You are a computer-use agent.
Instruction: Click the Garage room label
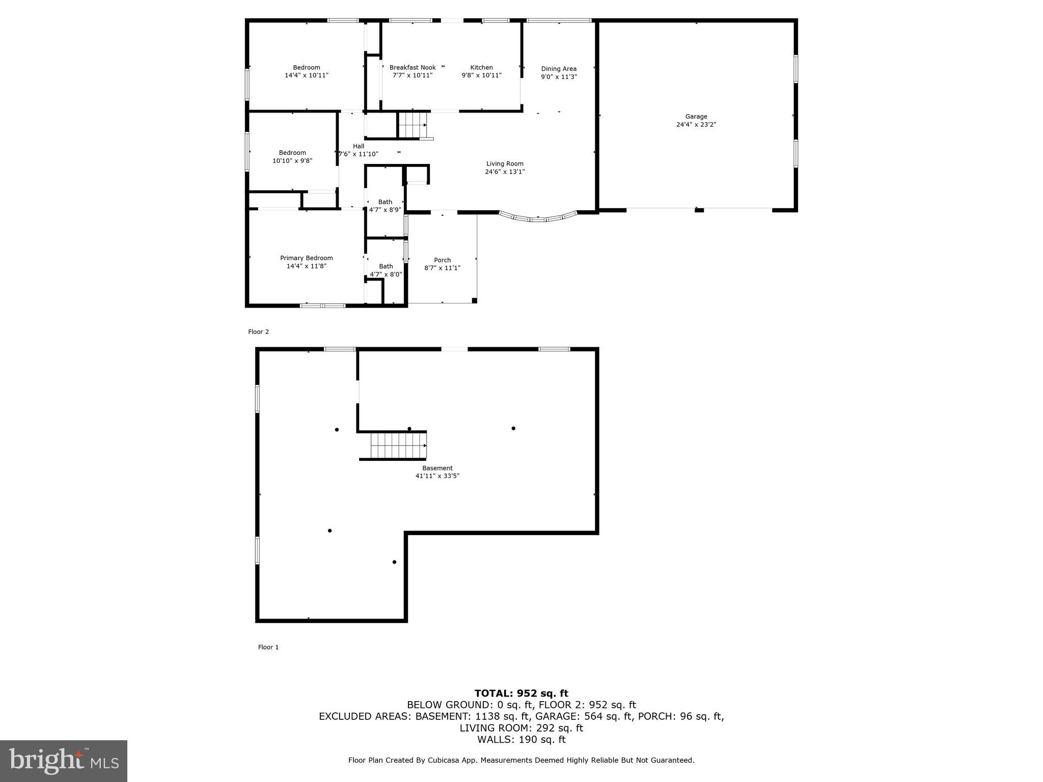coord(696,117)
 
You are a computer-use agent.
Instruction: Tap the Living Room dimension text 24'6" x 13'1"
coord(504,172)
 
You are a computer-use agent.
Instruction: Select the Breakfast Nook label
coord(412,68)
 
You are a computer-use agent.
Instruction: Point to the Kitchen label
coord(481,68)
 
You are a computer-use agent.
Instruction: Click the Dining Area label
coord(559,69)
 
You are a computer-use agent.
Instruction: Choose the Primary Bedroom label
coord(306,258)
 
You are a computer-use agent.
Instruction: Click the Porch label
coord(442,260)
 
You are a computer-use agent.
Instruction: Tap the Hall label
coord(359,146)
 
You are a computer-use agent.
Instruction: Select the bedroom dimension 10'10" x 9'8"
coord(292,161)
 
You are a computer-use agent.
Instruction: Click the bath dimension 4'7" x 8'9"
coord(385,210)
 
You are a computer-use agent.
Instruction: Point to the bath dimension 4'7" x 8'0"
coord(386,274)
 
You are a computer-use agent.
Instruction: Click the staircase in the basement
coord(398,445)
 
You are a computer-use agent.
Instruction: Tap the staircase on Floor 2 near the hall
coord(411,125)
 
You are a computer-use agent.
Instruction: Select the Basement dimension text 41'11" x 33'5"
coord(437,476)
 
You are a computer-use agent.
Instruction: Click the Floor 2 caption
coord(258,332)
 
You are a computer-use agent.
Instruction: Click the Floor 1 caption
coord(268,647)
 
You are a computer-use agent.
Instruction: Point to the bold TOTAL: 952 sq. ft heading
coord(521,693)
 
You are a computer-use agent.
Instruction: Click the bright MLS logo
coord(64,761)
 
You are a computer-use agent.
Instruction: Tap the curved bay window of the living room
coord(538,218)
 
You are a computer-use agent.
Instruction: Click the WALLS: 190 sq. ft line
coord(521,739)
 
